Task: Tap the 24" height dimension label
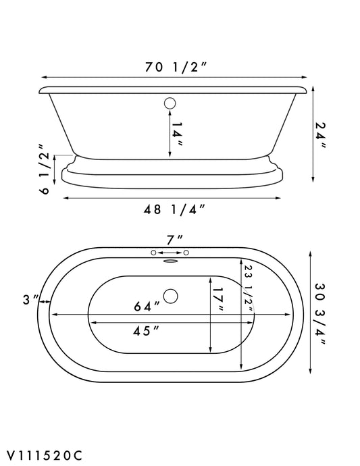pyautogui.click(x=322, y=134)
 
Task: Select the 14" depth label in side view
pyautogui.click(x=178, y=134)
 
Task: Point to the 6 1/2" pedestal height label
pyautogui.click(x=45, y=170)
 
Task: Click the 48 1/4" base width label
pyautogui.click(x=173, y=209)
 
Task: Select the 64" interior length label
pyautogui.click(x=147, y=306)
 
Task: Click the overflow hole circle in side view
pyautogui.click(x=170, y=103)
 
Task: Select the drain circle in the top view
pyautogui.click(x=171, y=295)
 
